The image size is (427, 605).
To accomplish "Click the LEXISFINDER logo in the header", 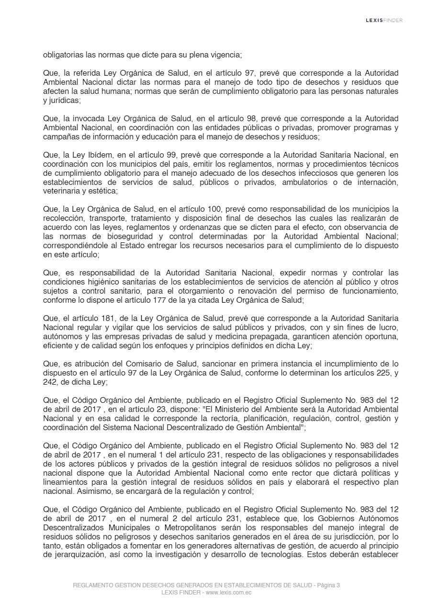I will pyautogui.click(x=384, y=20).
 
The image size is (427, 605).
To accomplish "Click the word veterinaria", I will pyautogui.click(x=60, y=191).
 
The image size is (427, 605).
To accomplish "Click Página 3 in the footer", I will pyautogui.click(x=328, y=585).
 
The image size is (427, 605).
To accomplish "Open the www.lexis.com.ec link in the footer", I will pyautogui.click(x=229, y=593).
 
